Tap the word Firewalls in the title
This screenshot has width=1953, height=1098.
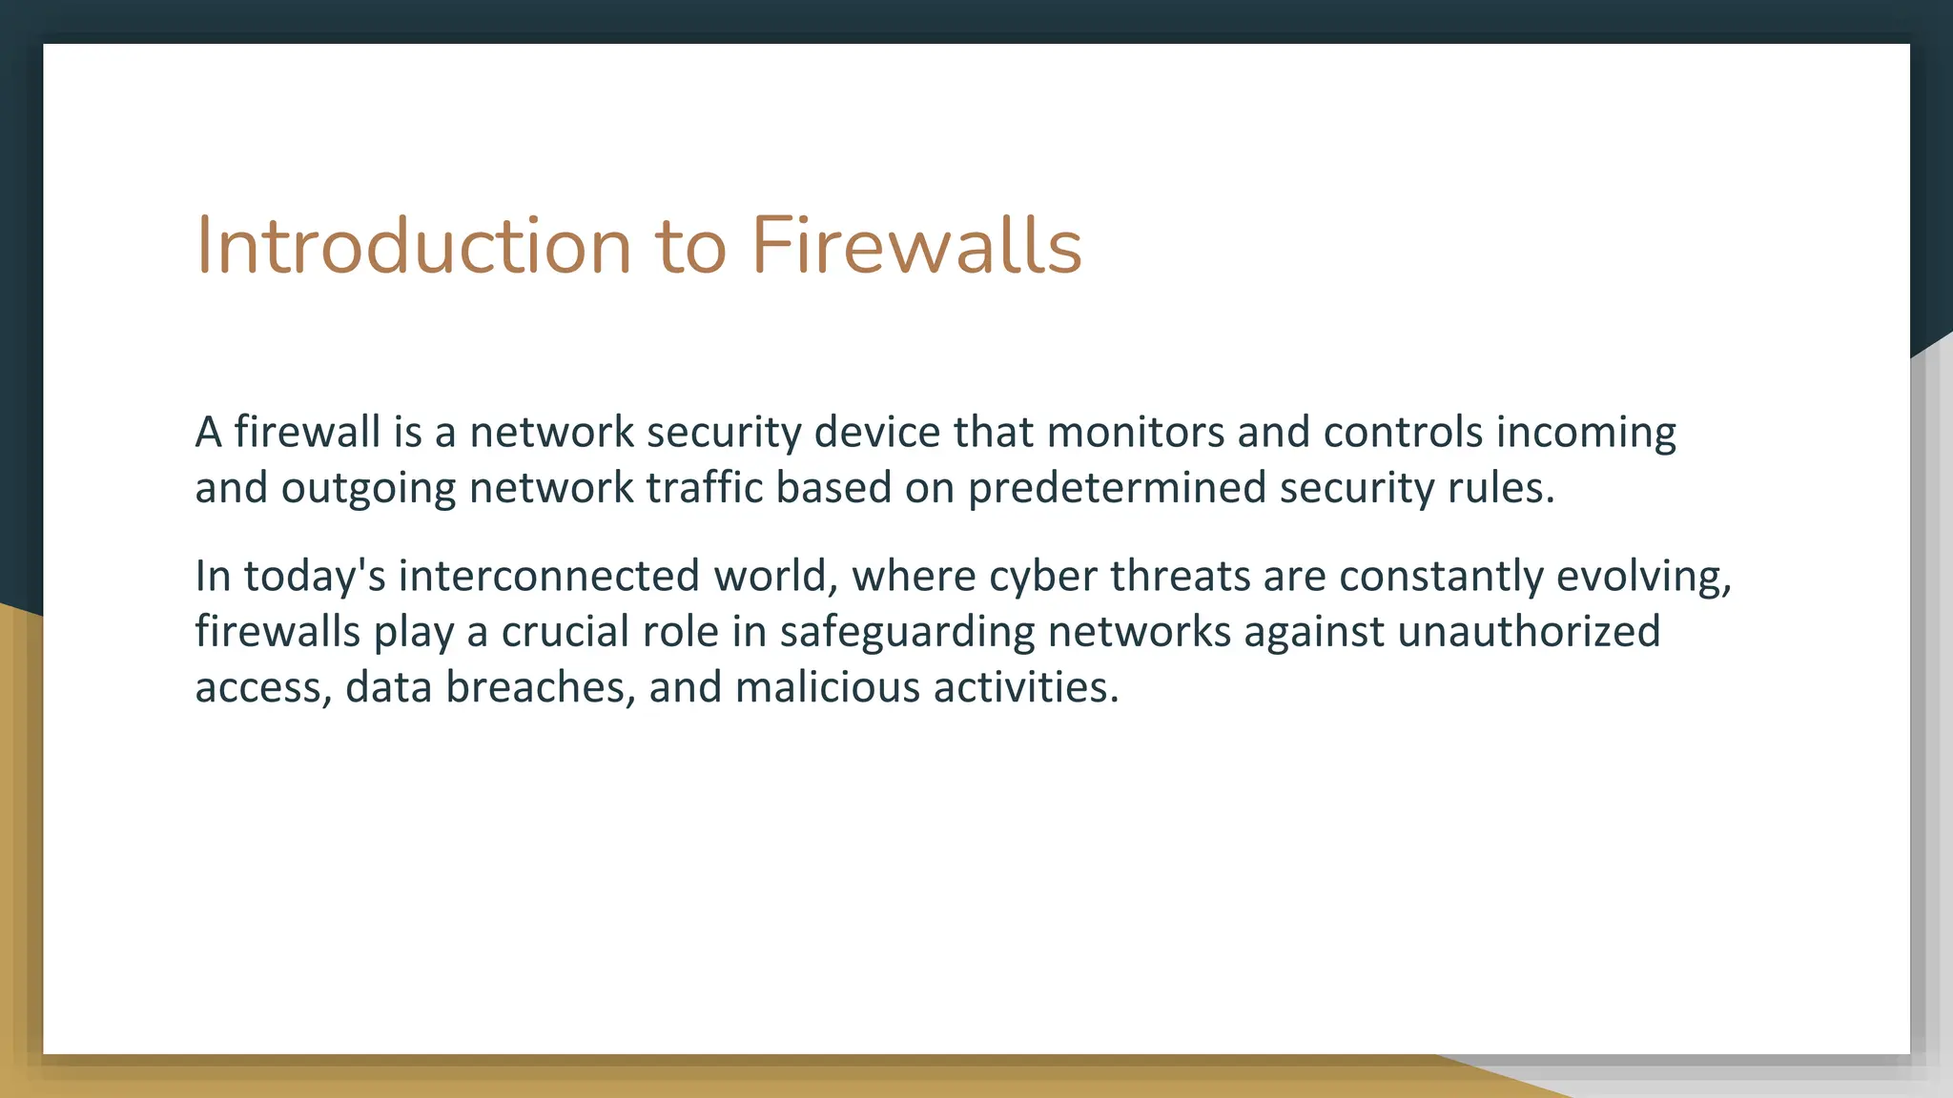tap(916, 246)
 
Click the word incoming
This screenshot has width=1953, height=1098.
tap(1586, 434)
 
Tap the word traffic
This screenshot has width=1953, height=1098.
tap(705, 487)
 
